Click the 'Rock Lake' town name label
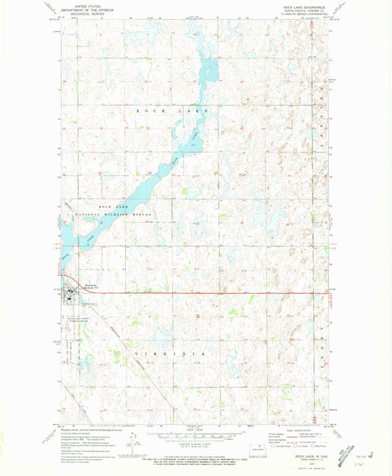[90, 285]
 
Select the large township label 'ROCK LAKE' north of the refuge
[173, 110]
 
